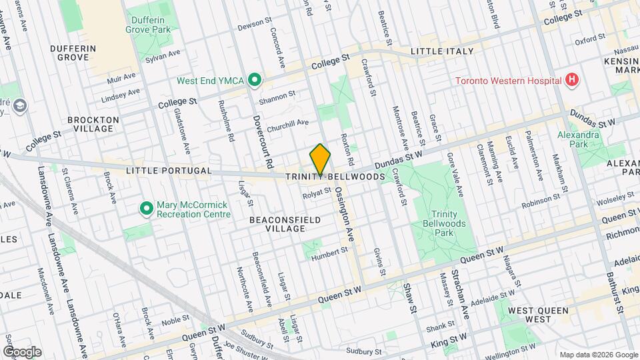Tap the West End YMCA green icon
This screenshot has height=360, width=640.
pos(254,81)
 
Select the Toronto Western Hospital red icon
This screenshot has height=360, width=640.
pos(571,81)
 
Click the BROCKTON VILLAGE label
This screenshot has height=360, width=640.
pos(93,125)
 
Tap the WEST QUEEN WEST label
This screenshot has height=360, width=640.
pos(538,315)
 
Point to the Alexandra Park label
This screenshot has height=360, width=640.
pos(579,139)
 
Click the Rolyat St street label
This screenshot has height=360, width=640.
pos(316,193)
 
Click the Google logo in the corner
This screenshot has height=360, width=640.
pos(22,352)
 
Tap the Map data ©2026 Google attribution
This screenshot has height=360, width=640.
pos(599,355)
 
